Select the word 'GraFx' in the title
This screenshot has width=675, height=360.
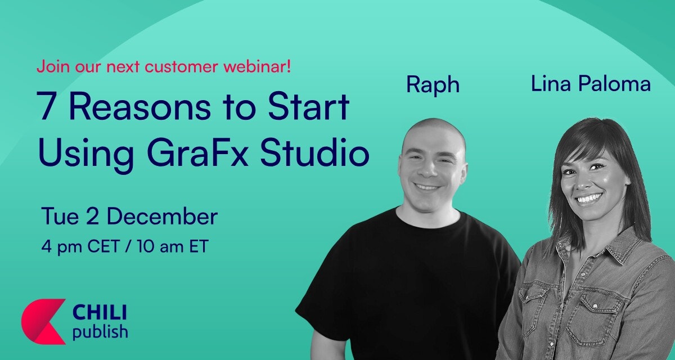pos(197,152)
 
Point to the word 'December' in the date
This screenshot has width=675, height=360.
pos(162,216)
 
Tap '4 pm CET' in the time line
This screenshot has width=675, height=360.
pos(80,247)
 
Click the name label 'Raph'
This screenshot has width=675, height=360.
pos(433,85)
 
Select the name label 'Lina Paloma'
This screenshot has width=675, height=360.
pos(591,83)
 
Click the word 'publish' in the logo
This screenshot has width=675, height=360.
pos(100,332)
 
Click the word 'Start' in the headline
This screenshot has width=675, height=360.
pos(309,106)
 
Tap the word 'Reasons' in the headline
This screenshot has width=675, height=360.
pos(140,106)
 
